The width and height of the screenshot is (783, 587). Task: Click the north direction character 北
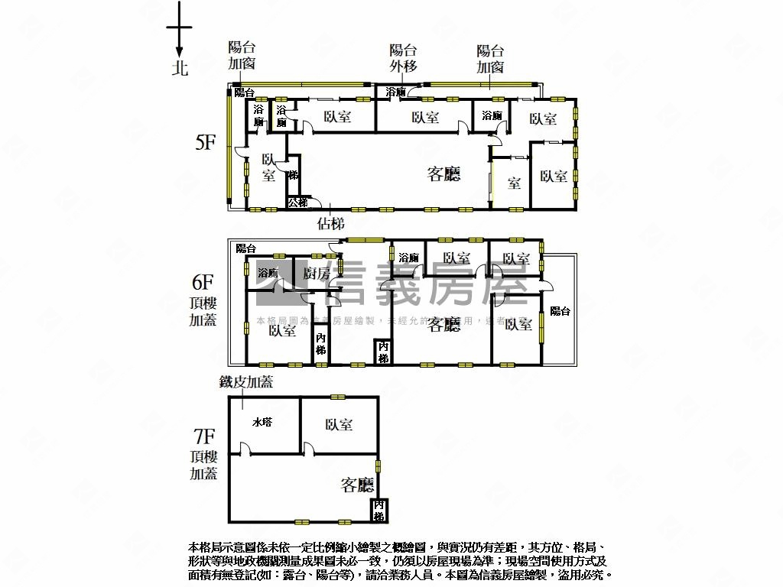(179, 68)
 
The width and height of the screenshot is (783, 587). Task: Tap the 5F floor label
(205, 142)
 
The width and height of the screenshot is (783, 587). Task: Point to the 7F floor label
(204, 437)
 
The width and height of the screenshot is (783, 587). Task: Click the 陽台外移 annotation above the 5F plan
(403, 58)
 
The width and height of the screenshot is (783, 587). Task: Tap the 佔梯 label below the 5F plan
(330, 224)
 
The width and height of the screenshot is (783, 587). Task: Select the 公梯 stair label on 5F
(298, 203)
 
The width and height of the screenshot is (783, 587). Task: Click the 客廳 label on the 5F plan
(443, 174)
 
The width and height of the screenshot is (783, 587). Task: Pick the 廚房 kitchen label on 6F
(317, 273)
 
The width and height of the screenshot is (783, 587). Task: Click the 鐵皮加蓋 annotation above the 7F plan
(246, 382)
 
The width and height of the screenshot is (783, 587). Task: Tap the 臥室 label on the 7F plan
(339, 424)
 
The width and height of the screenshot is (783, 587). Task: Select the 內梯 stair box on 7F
(379, 510)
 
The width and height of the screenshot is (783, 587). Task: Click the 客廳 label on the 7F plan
(357, 485)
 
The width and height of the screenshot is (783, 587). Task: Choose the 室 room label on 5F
(514, 183)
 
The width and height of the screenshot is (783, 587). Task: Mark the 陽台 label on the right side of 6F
(560, 311)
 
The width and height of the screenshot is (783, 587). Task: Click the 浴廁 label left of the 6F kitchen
(268, 273)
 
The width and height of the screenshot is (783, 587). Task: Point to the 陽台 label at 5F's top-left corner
(245, 92)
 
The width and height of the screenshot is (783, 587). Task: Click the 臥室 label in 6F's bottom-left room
(283, 331)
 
